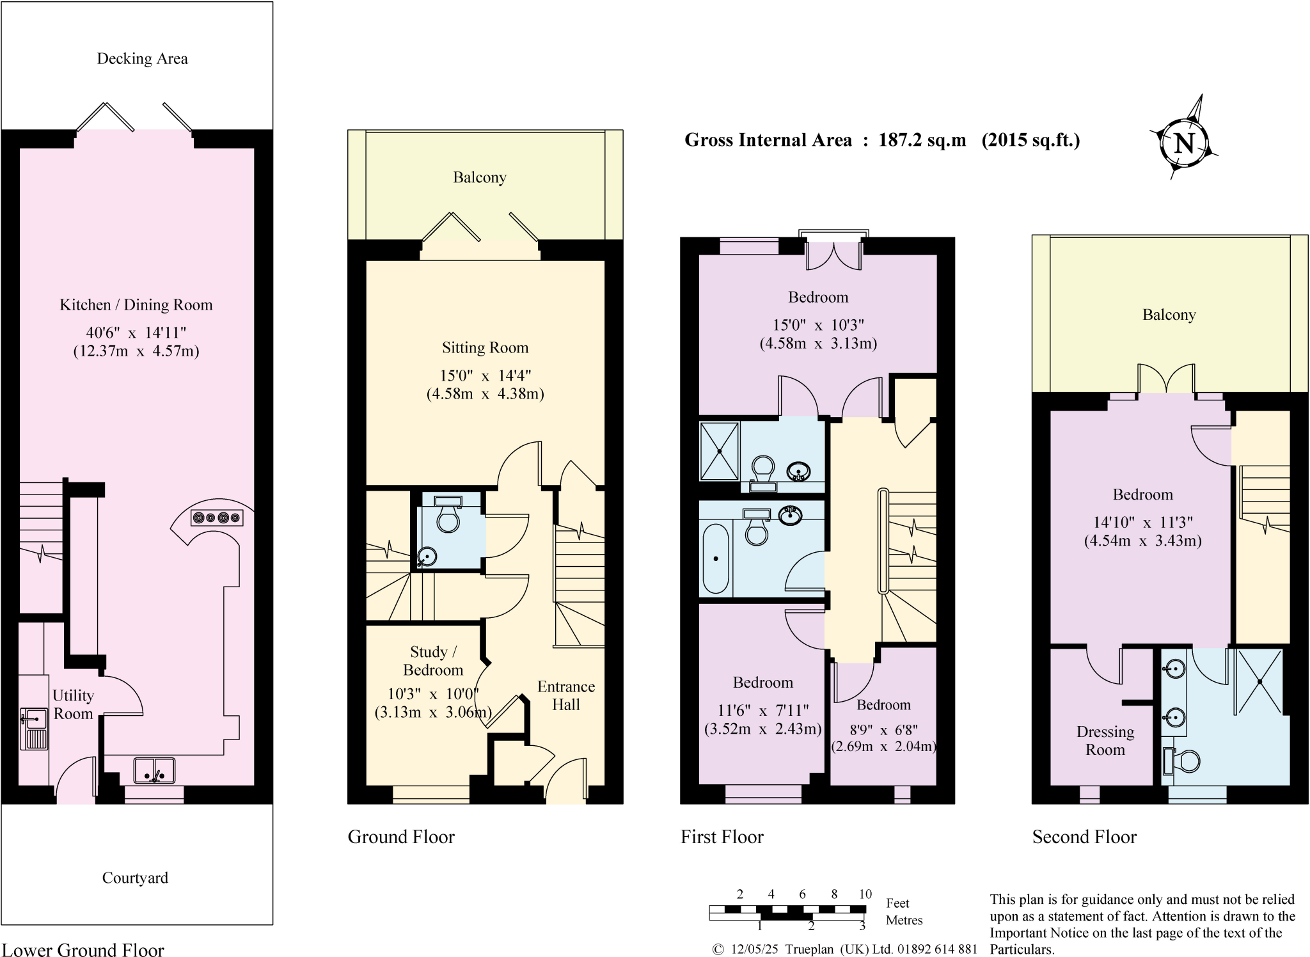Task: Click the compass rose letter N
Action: (x=1184, y=143)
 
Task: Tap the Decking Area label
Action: (x=142, y=59)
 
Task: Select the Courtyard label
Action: (x=135, y=878)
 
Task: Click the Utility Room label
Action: (x=73, y=704)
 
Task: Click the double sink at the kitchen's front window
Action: (x=154, y=770)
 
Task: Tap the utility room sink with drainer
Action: (x=33, y=728)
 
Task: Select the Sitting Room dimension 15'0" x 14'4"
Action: (x=485, y=376)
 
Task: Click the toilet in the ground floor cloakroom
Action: (x=448, y=518)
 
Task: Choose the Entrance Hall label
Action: (x=566, y=695)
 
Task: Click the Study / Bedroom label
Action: (x=433, y=661)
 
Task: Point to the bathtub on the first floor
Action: (x=716, y=559)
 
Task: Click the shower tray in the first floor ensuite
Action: (x=720, y=451)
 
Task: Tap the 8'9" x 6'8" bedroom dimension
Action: (x=883, y=729)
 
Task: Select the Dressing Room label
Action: (x=1105, y=741)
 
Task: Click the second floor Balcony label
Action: (x=1169, y=315)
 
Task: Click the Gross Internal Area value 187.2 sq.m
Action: (x=922, y=140)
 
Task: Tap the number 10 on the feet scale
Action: (x=865, y=894)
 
